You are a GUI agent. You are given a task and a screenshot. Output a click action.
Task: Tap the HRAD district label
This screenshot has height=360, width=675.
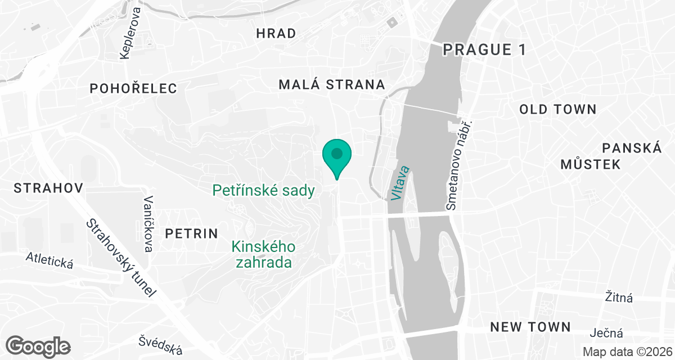tap(276, 33)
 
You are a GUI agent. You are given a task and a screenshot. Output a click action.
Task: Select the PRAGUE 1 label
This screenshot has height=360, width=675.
tap(484, 49)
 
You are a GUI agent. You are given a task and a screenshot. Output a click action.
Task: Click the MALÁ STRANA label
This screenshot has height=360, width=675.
tap(332, 85)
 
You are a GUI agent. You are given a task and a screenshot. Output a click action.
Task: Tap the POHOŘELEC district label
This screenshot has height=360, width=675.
tap(133, 88)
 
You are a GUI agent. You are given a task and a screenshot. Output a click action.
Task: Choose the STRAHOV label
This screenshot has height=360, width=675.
tap(48, 188)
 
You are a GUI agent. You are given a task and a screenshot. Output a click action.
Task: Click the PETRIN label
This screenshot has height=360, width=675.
tap(191, 233)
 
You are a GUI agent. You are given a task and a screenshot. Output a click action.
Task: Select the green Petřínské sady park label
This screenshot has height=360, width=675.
tap(263, 191)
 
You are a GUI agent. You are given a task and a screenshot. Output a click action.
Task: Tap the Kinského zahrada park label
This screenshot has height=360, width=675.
tap(264, 254)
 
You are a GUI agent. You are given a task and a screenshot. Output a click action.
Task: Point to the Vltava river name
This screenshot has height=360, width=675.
tap(399, 183)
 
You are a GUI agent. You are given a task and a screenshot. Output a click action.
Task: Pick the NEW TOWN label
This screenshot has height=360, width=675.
tap(530, 327)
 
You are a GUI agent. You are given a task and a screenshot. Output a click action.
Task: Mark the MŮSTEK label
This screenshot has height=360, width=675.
tap(590, 164)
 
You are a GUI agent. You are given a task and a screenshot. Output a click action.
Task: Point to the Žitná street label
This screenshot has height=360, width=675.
tap(619, 296)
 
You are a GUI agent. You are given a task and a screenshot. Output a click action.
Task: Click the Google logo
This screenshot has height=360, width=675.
tap(38, 345)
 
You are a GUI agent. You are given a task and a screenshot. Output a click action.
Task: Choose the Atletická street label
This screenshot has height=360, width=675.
tap(49, 260)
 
